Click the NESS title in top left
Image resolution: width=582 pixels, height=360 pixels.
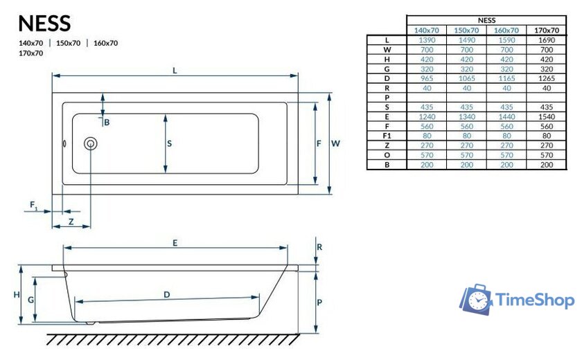pos(44,23)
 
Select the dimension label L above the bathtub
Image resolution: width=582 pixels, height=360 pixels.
pos(175,70)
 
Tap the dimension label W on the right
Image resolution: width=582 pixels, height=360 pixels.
pos(335,143)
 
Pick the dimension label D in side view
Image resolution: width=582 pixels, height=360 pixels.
pos(167,294)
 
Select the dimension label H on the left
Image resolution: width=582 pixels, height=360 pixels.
pos(17,295)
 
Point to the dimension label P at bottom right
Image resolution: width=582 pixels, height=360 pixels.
pos(319,303)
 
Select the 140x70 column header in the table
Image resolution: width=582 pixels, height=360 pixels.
pos(426,30)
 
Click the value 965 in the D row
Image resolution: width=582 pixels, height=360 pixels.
pos(426,79)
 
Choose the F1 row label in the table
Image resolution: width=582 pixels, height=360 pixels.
pos(387,136)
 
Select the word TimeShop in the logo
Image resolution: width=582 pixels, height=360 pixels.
pos(534,300)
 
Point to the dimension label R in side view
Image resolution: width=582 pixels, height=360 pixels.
pos(319,247)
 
